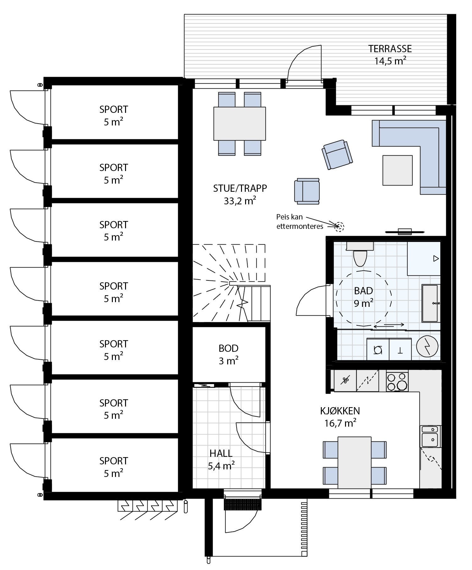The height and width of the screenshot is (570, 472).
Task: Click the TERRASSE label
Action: click(x=390, y=55)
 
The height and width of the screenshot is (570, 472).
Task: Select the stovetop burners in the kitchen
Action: click(x=397, y=381)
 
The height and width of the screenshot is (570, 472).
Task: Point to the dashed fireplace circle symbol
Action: click(x=339, y=226)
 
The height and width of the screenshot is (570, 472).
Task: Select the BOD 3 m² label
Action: click(x=228, y=355)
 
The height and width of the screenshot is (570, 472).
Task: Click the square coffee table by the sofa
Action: click(x=397, y=170)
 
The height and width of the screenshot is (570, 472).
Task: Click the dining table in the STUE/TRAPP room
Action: click(x=239, y=124)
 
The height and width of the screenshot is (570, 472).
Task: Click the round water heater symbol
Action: click(x=427, y=346)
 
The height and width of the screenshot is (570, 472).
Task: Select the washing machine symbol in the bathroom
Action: click(x=378, y=350)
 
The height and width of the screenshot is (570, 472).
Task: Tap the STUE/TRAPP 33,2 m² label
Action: click(x=240, y=194)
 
